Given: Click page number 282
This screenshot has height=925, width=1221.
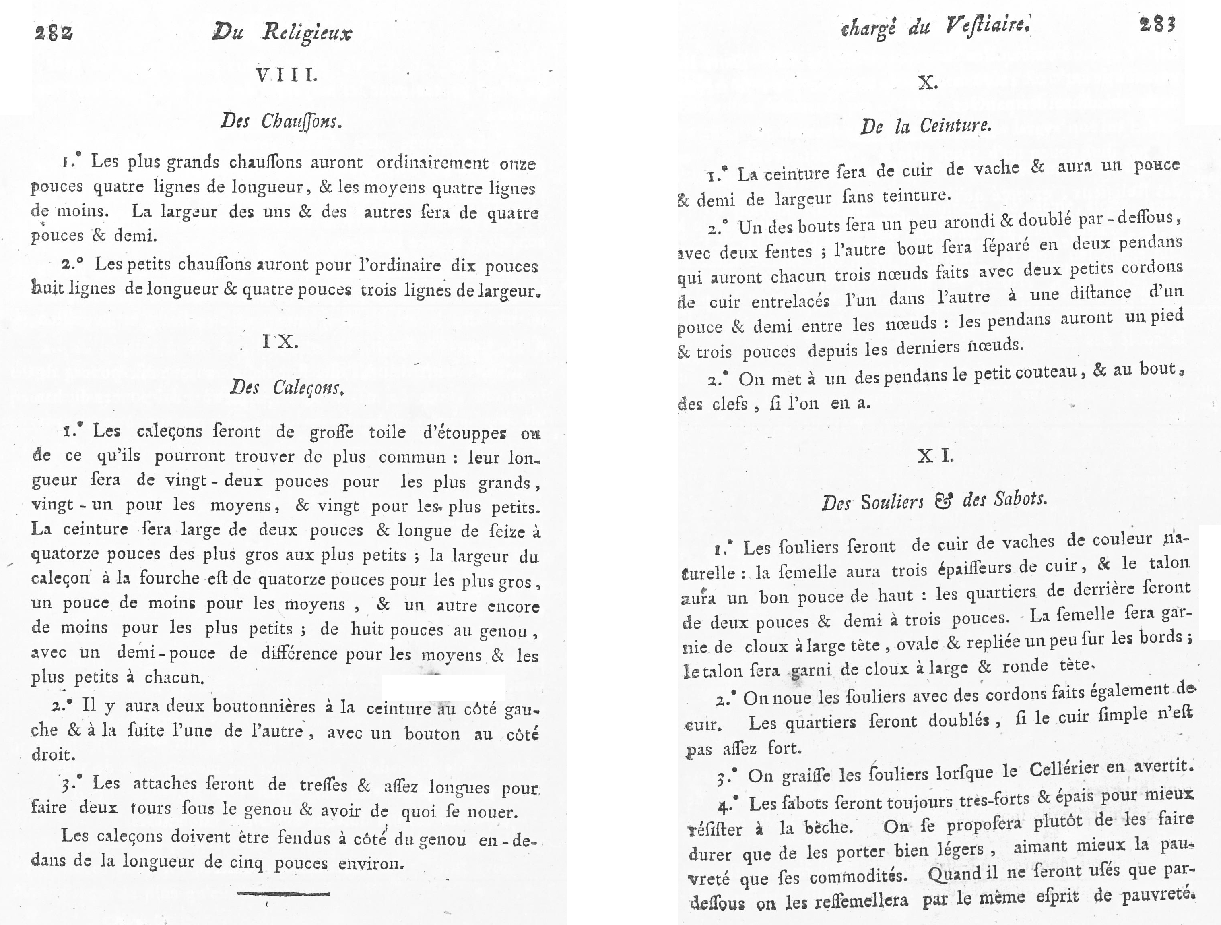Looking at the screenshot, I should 53,33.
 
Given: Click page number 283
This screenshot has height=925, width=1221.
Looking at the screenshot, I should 1157,25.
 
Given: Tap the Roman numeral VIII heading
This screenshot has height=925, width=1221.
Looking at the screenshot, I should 286,76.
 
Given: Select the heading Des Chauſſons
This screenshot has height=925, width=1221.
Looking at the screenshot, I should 281,121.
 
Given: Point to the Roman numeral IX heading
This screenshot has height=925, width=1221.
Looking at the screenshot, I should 280,342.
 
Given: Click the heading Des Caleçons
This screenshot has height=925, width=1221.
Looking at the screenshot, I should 287,388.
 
